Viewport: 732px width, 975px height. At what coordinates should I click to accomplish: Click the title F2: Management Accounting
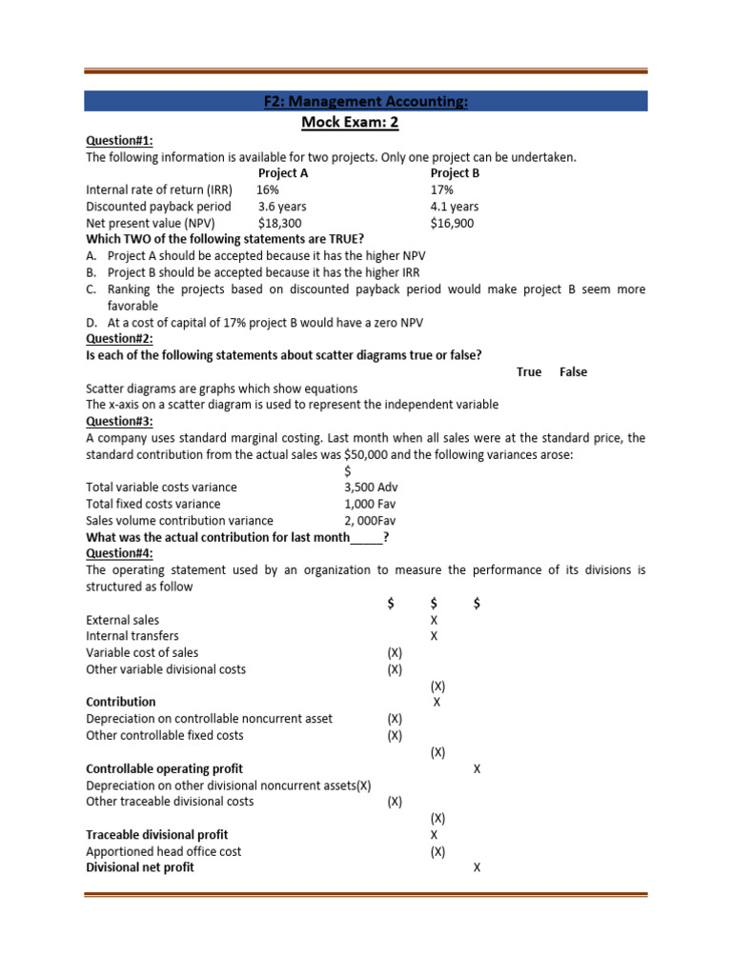[x=366, y=102]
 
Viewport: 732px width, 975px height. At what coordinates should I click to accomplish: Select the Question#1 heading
[x=119, y=140]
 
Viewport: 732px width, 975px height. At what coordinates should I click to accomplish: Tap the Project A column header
[x=283, y=173]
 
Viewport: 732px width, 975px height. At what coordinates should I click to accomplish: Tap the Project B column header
[x=455, y=173]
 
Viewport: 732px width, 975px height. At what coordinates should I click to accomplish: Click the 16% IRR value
[x=269, y=189]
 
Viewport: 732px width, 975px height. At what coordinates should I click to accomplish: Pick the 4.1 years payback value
[x=455, y=207]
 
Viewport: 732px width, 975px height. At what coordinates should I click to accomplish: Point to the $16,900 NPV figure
[x=452, y=223]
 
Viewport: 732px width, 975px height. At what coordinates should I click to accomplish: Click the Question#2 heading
[x=119, y=338]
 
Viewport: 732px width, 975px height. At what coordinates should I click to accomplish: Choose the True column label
[x=529, y=372]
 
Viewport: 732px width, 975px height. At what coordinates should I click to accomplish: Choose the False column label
[x=573, y=372]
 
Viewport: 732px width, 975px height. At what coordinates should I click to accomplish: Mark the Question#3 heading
[x=119, y=421]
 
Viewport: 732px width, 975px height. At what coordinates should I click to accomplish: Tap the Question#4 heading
[x=119, y=553]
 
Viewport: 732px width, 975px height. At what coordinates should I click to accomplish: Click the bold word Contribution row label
[x=121, y=702]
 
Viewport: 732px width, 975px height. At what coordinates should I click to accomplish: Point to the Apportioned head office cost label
[x=164, y=851]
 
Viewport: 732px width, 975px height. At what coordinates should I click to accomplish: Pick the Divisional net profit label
[x=140, y=867]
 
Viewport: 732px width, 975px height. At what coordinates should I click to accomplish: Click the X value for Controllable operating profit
[x=477, y=768]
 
